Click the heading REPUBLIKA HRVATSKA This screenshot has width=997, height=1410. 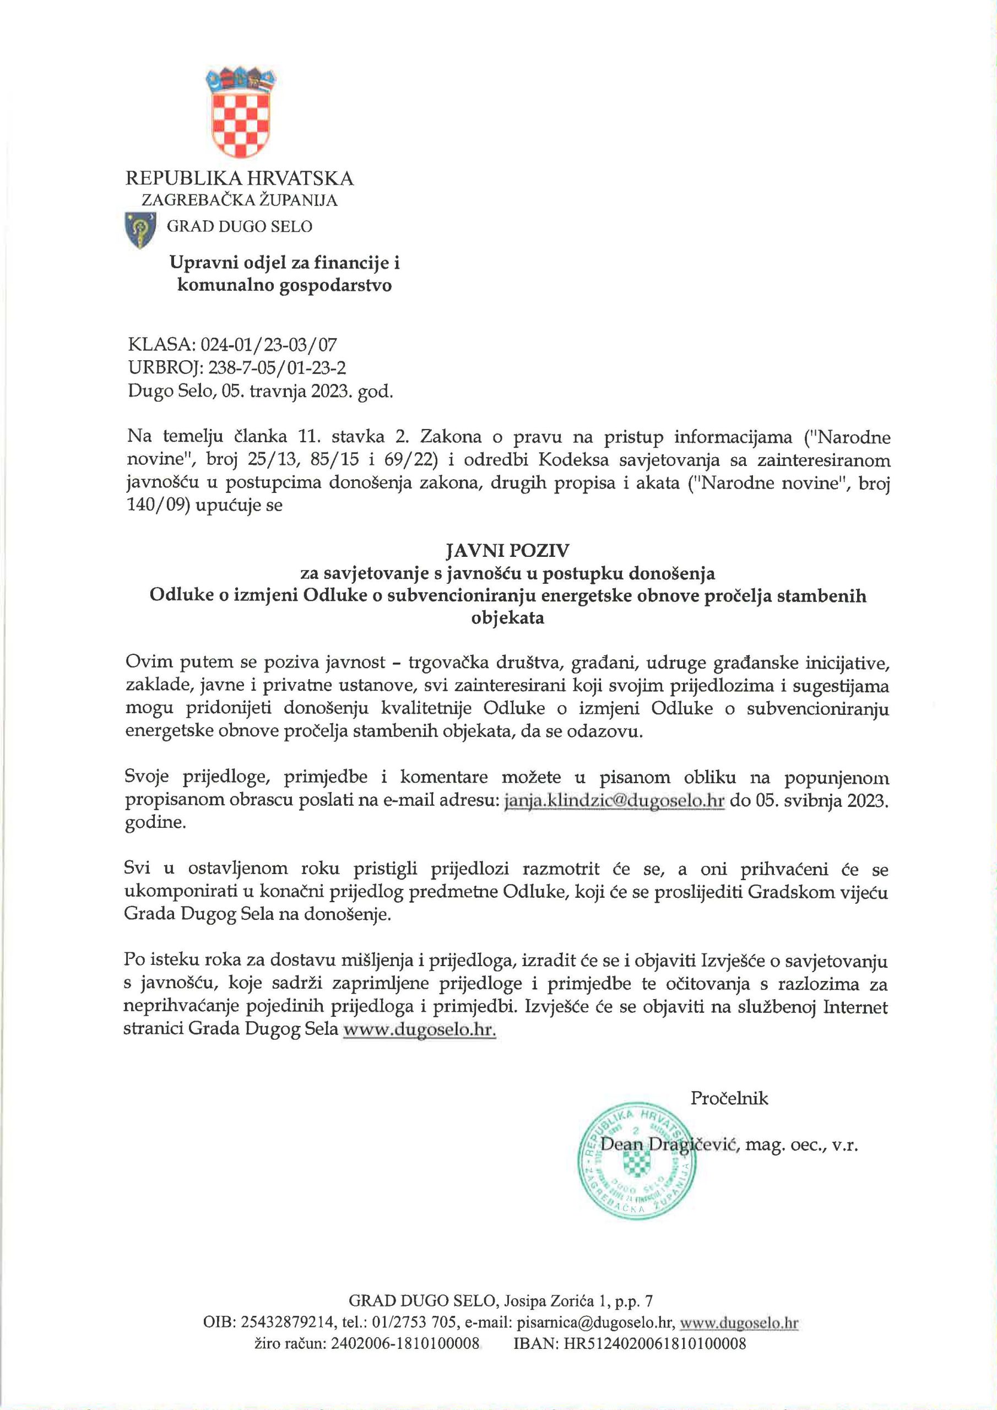240,178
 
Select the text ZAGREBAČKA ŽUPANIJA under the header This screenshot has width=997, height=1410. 240,200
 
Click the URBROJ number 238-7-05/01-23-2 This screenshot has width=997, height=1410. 277,368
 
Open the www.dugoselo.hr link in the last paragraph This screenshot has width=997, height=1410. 420,1030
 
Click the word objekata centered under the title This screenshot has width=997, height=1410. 507,618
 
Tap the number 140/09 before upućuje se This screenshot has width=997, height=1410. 157,508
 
